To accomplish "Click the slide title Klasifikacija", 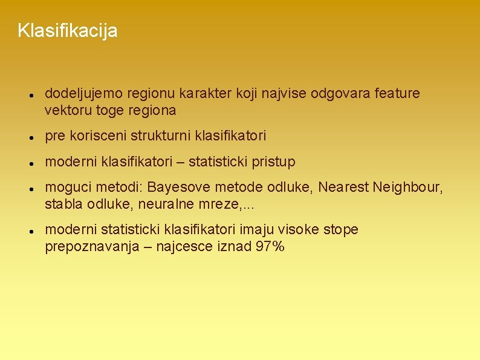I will coord(68,30).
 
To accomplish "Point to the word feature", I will coord(397,94).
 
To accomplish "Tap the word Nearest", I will coord(347,188).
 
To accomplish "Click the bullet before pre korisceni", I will coord(29,138).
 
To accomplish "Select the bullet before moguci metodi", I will coord(29,189).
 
